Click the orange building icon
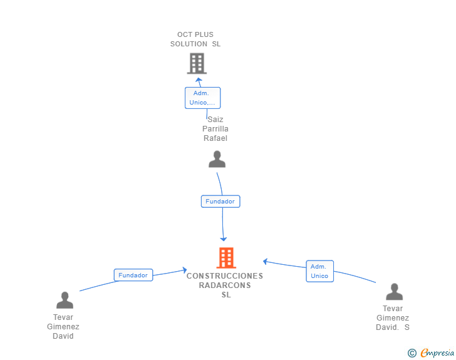pos(226,258)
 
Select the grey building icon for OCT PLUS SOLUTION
pos(197,63)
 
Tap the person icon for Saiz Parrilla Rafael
pos(217,159)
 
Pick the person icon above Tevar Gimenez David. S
pos(394,292)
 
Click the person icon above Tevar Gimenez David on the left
pos(65,300)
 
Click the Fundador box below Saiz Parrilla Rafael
pos(220,201)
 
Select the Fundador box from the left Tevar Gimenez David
pos(133,275)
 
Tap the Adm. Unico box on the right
pos(319,271)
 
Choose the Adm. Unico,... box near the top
pos(202,98)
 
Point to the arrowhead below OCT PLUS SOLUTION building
pos(199,80)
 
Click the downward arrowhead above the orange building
pos(224,239)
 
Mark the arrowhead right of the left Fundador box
pos(184,270)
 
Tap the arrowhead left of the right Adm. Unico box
pos(265,262)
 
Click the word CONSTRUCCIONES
pos(225,275)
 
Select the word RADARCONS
pos(225,285)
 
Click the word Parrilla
pos(215,129)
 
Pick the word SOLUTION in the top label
pos(189,44)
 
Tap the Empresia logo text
pos(437,352)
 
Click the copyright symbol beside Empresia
pos(412,353)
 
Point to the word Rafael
pos(215,138)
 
